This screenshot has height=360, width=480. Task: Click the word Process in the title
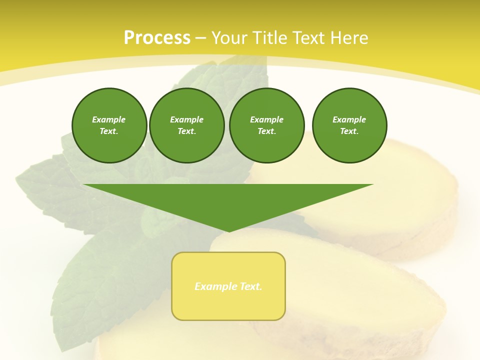pos(157,38)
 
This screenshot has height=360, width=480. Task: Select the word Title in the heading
pos(271,38)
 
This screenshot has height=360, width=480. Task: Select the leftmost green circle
pos(109,125)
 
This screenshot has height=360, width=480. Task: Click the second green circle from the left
pos(186,125)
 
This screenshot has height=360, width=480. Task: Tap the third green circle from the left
pos(266,125)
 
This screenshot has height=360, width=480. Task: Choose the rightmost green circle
pos(349,125)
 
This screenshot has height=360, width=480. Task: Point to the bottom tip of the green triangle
pos(228,230)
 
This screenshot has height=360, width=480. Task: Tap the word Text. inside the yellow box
pos(250,286)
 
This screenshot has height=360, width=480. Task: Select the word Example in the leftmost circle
pos(109,119)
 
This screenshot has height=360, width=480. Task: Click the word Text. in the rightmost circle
pos(349,131)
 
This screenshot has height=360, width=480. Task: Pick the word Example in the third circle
pos(266,119)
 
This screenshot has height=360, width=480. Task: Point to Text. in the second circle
pos(186,131)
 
